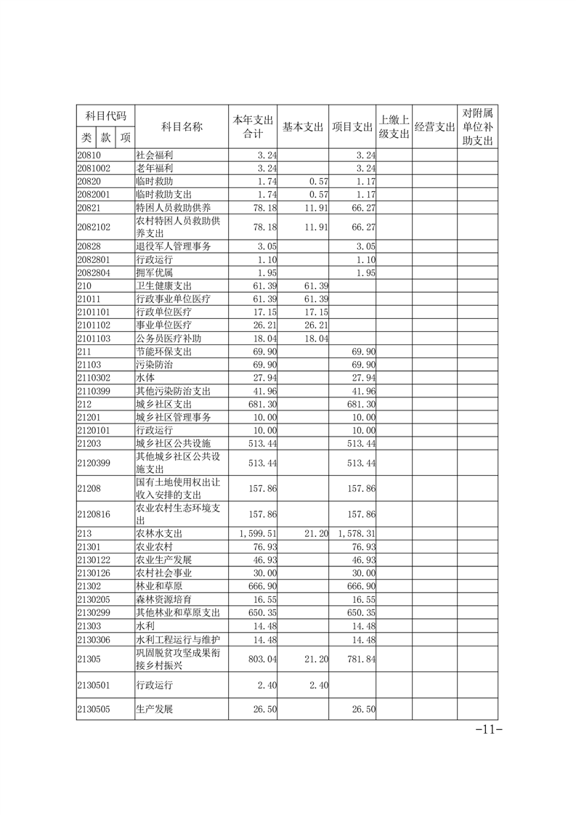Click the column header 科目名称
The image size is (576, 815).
pos(181,127)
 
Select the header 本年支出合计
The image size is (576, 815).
pos(252,127)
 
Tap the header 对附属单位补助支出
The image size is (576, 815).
pos(477,127)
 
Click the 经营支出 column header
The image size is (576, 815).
pos(434,127)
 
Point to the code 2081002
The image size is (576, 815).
pos(94,168)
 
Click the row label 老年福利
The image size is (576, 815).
pos(154,168)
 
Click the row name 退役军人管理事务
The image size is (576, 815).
pos(174,247)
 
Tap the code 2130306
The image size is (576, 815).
pos(94,640)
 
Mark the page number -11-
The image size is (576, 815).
pos(487,731)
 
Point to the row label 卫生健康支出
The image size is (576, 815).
pos(163,286)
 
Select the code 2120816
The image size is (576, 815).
pos(94,514)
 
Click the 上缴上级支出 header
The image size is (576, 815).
pos(394,127)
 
